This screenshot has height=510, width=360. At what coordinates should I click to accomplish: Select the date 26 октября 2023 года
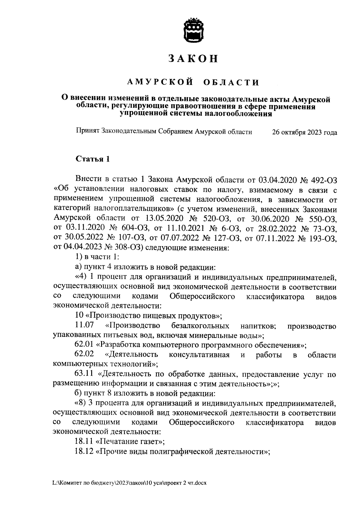click(x=304, y=132)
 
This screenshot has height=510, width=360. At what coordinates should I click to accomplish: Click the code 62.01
click(x=84, y=345)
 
